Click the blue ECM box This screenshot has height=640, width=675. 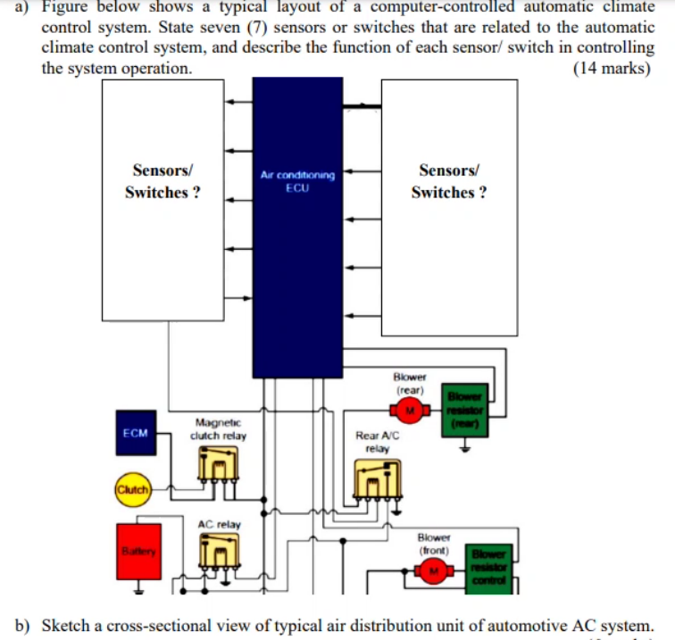pos(135,432)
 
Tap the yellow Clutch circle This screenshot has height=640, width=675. pos(131,488)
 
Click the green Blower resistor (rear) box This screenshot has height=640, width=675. pos(464,411)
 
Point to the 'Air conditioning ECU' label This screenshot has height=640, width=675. pos(297,181)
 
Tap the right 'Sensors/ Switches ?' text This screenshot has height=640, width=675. pos(449,181)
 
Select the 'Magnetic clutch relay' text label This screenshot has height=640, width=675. pos(218,428)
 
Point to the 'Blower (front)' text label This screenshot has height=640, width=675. pos(434,544)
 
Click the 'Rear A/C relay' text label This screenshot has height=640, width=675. pos(377,442)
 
